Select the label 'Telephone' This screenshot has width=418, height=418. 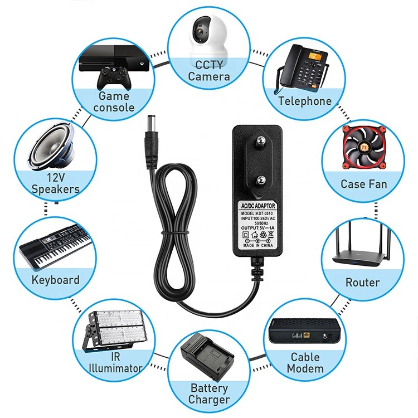coord(305,101)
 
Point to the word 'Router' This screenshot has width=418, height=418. coord(362,283)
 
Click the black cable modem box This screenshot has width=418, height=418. coord(304,332)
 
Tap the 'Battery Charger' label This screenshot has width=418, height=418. coord(209,393)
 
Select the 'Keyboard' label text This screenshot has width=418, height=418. coord(55,280)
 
